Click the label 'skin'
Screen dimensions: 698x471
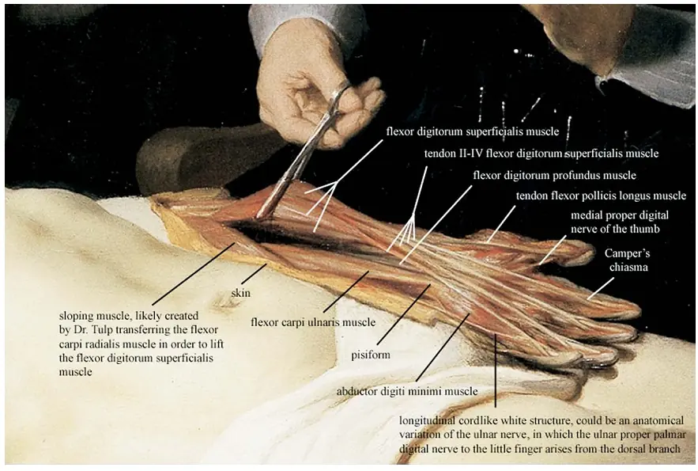pos(240,293)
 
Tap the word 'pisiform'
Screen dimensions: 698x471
pos(371,355)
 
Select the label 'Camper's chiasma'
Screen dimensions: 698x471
pos(627,260)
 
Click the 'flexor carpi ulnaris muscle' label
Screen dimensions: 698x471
pos(313,321)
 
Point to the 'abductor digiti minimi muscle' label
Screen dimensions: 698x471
pos(407,391)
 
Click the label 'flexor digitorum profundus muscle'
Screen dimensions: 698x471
pos(554,175)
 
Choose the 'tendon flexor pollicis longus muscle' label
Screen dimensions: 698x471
pos(601,196)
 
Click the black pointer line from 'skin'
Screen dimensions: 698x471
pos(254,274)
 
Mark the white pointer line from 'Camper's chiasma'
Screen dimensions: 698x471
pos(601,288)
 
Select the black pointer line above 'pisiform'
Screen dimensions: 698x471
pos(403,314)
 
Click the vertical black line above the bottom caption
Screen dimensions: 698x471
pos(496,370)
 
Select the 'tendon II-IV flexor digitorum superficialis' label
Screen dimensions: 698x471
pos(541,154)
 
